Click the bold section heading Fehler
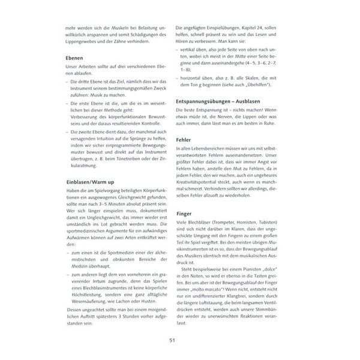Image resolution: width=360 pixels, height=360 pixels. pos(184,139)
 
